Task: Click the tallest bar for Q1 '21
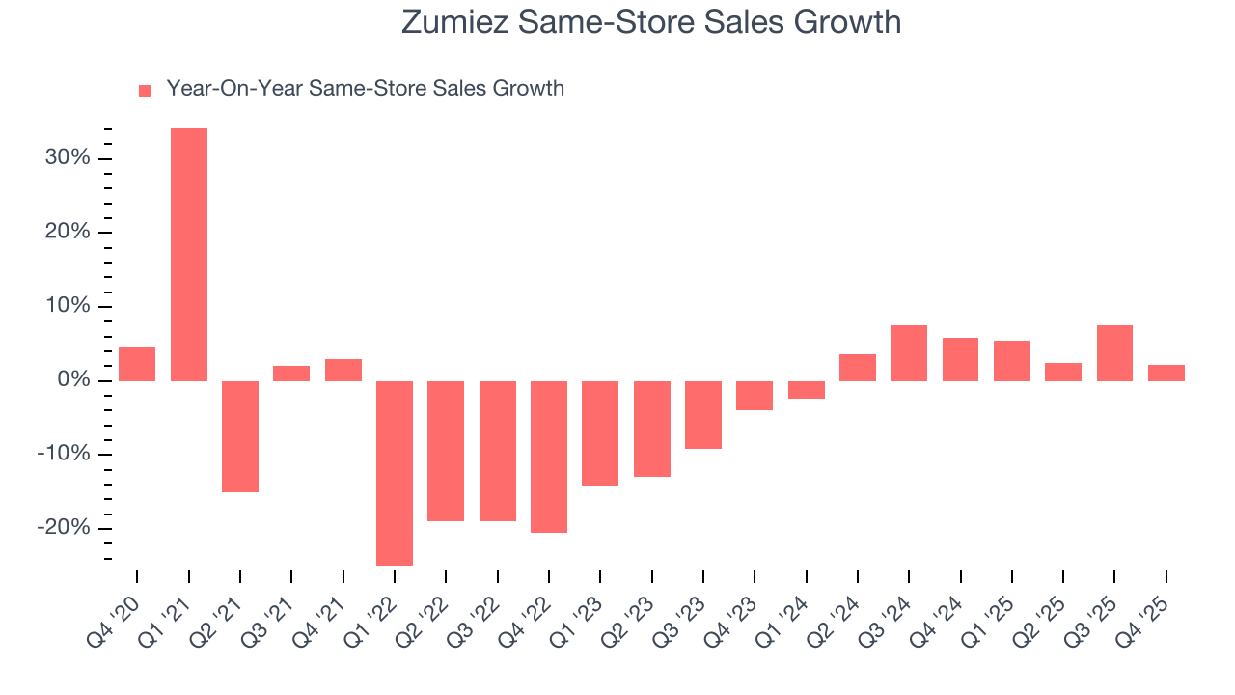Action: (188, 255)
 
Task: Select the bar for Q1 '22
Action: (395, 473)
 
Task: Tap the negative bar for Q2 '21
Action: (240, 436)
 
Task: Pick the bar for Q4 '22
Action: (549, 457)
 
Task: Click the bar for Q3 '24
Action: (909, 353)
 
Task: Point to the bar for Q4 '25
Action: (1166, 373)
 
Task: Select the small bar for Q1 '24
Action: (806, 390)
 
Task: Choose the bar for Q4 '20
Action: (137, 364)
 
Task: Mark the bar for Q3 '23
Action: (703, 415)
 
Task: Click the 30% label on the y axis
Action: (67, 158)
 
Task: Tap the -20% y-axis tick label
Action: (64, 529)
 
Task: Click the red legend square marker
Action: (145, 90)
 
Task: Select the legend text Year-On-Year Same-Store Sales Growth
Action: (365, 89)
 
